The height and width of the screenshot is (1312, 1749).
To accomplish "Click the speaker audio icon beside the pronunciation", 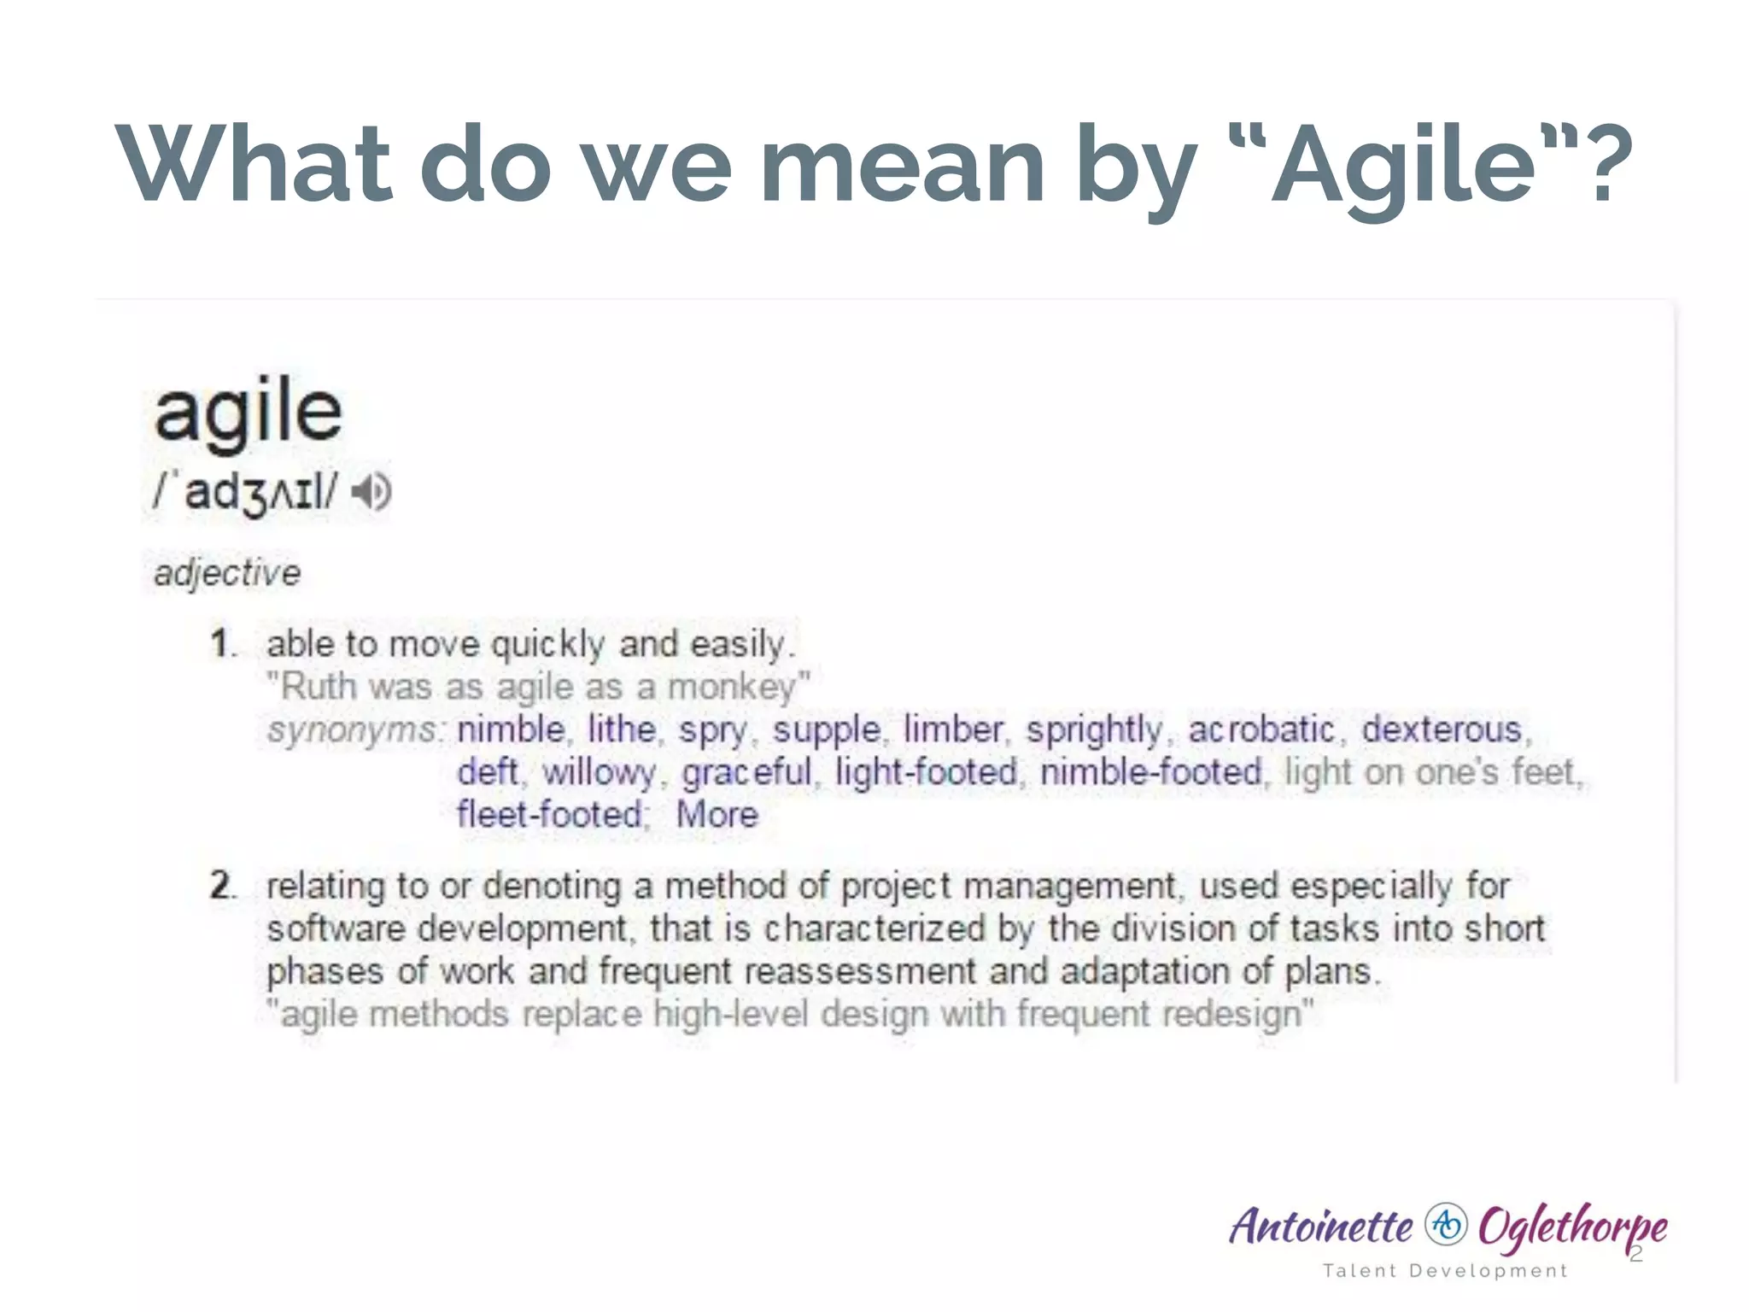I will (373, 492).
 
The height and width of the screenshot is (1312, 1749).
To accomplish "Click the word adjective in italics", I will (227, 573).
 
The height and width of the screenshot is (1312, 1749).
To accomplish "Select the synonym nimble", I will (511, 730).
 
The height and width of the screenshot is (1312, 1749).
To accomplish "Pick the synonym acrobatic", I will (1261, 730).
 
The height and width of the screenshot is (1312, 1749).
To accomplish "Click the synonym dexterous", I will (1442, 730).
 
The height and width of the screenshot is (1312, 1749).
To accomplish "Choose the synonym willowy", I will (599, 773).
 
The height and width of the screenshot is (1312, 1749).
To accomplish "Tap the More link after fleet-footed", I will (717, 815).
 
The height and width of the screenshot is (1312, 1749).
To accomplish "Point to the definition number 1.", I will (222, 644).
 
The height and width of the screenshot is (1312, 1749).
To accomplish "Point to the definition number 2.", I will (222, 886).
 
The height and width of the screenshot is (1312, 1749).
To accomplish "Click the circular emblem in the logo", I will (1446, 1226).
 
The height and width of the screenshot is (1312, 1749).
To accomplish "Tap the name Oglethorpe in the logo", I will (1571, 1227).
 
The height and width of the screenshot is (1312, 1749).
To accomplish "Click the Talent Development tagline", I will (1445, 1271).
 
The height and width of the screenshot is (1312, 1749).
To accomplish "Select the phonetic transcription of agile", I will (246, 493).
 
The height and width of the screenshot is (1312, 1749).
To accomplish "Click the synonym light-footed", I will (927, 773).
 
